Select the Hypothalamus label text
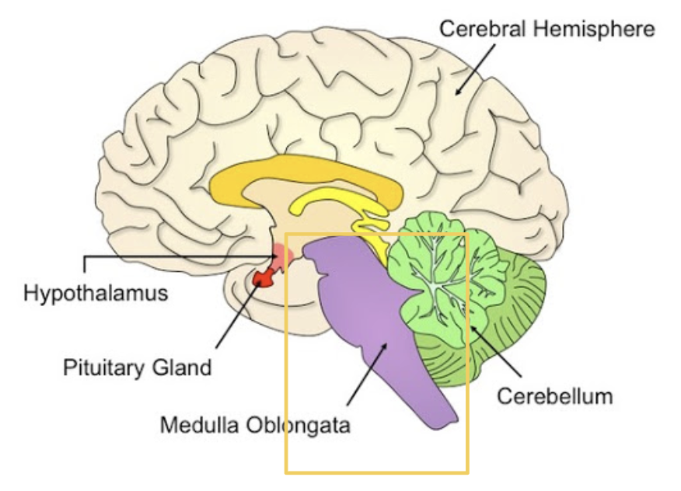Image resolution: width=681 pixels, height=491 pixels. pos(95,294)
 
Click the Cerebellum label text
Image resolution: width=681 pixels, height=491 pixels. pos(554,396)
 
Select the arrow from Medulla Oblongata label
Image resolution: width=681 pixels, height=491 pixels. pos(365,373)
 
